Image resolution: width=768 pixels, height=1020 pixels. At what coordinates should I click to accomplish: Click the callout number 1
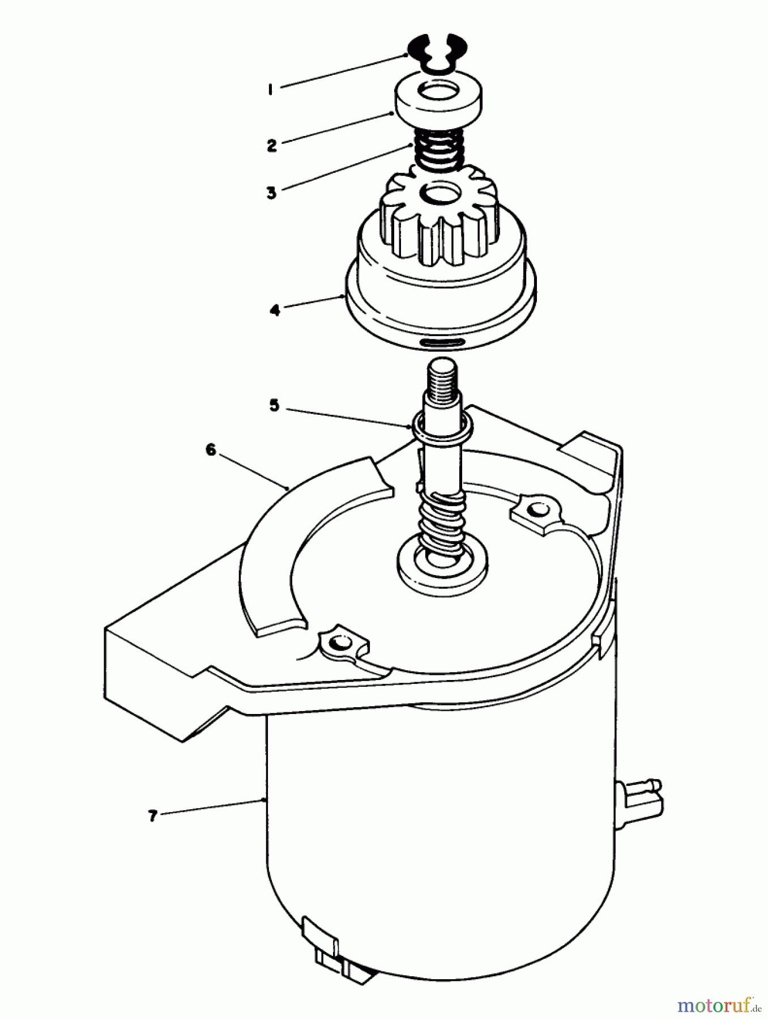click(271, 90)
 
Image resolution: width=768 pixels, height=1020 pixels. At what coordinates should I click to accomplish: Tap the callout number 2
click(272, 145)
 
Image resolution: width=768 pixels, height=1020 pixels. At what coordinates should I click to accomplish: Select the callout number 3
click(272, 193)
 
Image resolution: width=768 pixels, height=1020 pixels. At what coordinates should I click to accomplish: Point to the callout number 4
click(275, 310)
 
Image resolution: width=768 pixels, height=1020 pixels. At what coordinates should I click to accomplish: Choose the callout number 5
click(274, 406)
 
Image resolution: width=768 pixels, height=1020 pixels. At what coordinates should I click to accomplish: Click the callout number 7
click(152, 816)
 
